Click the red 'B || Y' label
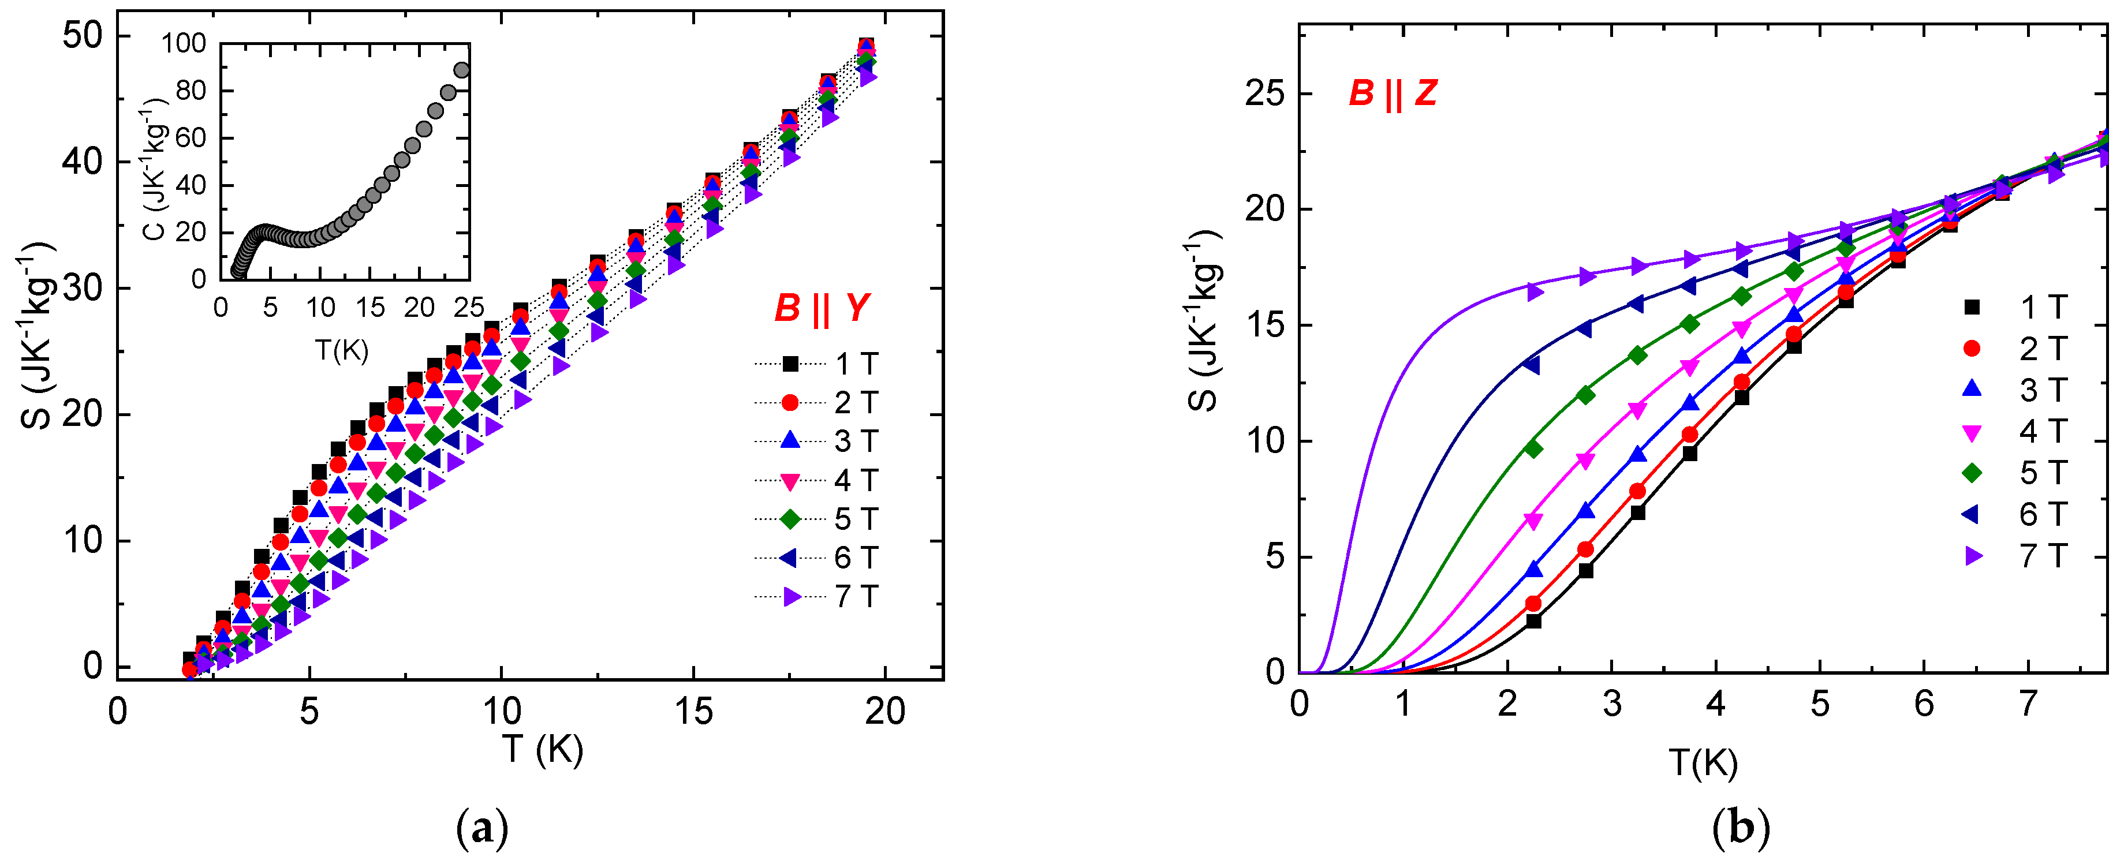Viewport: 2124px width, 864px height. [x=822, y=308]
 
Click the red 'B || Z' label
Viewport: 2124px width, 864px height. [x=1393, y=93]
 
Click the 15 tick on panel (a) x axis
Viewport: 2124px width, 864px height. [x=693, y=710]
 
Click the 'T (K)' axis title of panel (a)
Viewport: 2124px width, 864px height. [x=542, y=749]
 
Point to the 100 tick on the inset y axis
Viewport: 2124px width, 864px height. [x=183, y=43]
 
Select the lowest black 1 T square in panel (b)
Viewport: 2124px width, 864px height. [x=1533, y=621]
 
